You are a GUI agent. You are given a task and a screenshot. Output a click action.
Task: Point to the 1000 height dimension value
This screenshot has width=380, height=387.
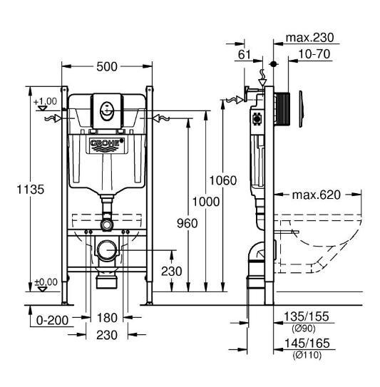[x=205, y=202]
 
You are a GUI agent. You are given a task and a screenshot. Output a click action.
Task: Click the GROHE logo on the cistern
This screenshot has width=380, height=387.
[x=107, y=145]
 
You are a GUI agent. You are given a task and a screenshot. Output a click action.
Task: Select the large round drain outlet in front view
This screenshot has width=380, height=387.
[x=107, y=250]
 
